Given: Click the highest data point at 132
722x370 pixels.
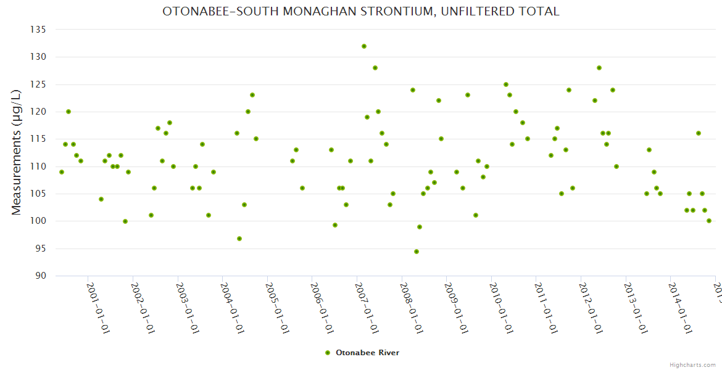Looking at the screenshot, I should [x=364, y=46].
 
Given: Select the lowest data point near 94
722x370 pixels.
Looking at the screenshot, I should [x=417, y=252].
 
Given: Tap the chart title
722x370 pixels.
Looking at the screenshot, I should [x=361, y=12].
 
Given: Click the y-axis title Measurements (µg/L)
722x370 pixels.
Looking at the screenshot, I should [x=17, y=152].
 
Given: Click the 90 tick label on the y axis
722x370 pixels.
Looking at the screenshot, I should [x=41, y=276].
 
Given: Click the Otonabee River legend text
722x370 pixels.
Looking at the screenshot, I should [x=367, y=353].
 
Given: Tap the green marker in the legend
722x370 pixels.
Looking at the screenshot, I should [x=327, y=353].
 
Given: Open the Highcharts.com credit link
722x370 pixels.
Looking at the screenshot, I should [x=693, y=364].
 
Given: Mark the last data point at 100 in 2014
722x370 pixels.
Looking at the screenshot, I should [x=709, y=221].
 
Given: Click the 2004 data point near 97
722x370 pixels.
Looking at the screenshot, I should [x=239, y=239].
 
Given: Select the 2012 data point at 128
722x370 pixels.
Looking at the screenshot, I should [x=599, y=68].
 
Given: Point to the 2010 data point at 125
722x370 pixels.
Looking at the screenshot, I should [x=506, y=84].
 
